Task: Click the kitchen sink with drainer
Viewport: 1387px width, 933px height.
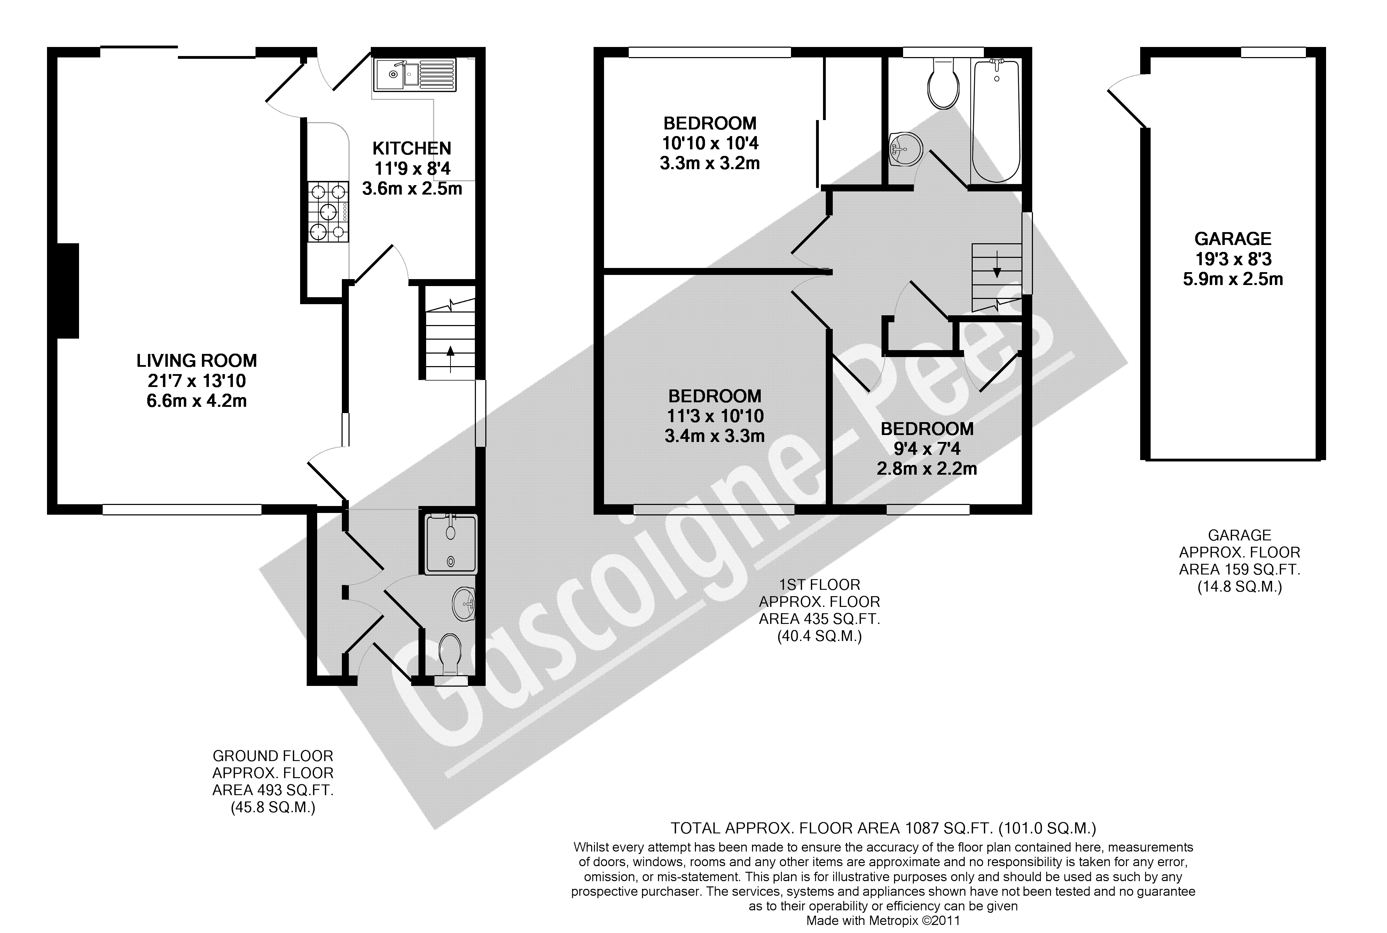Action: point(415,75)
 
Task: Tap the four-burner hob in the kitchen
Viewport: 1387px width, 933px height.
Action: point(328,212)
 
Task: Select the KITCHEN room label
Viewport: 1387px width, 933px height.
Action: point(412,148)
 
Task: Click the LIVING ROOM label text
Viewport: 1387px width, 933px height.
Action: point(196,361)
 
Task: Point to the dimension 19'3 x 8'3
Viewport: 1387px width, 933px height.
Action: point(1233,259)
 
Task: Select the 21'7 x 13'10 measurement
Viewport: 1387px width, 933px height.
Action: point(196,381)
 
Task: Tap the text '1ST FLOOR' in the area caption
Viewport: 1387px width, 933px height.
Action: point(820,585)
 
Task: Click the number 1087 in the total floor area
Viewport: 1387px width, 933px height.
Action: point(922,828)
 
